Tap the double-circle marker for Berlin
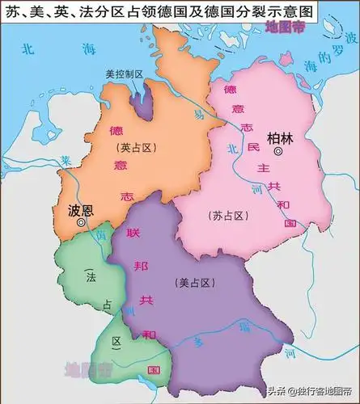click(278, 151)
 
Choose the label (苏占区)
click(227, 216)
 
